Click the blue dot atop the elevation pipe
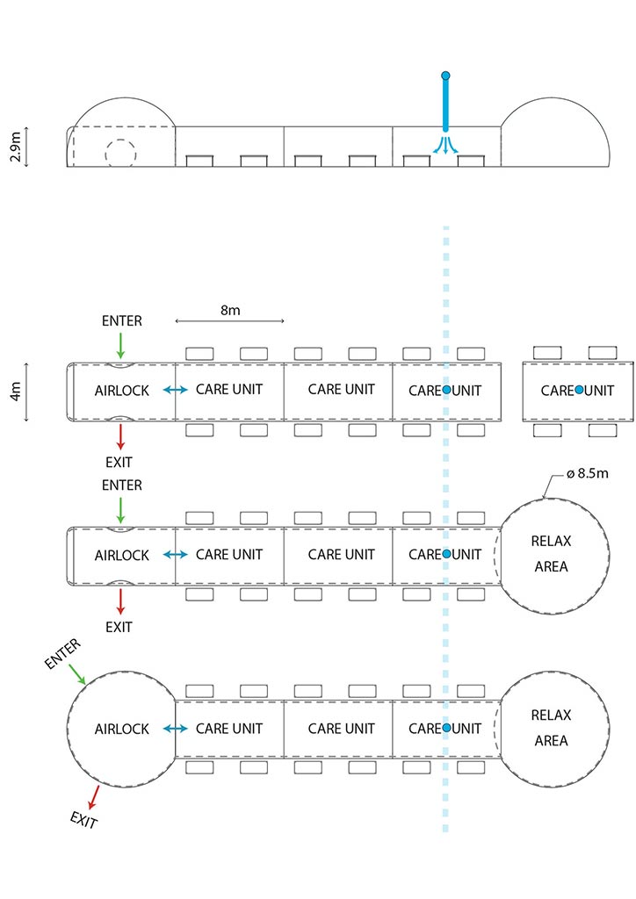tap(446, 76)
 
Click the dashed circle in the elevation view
tap(120, 153)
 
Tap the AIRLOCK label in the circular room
tap(122, 729)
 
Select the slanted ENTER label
tap(62, 653)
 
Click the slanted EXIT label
tap(83, 821)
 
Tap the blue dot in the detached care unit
tap(579, 389)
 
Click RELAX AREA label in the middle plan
tap(551, 554)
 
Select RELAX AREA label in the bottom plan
tap(551, 728)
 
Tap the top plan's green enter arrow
tap(121, 343)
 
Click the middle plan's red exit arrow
tap(121, 601)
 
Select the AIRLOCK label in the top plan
tap(122, 390)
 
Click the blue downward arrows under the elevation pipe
tap(446, 146)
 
